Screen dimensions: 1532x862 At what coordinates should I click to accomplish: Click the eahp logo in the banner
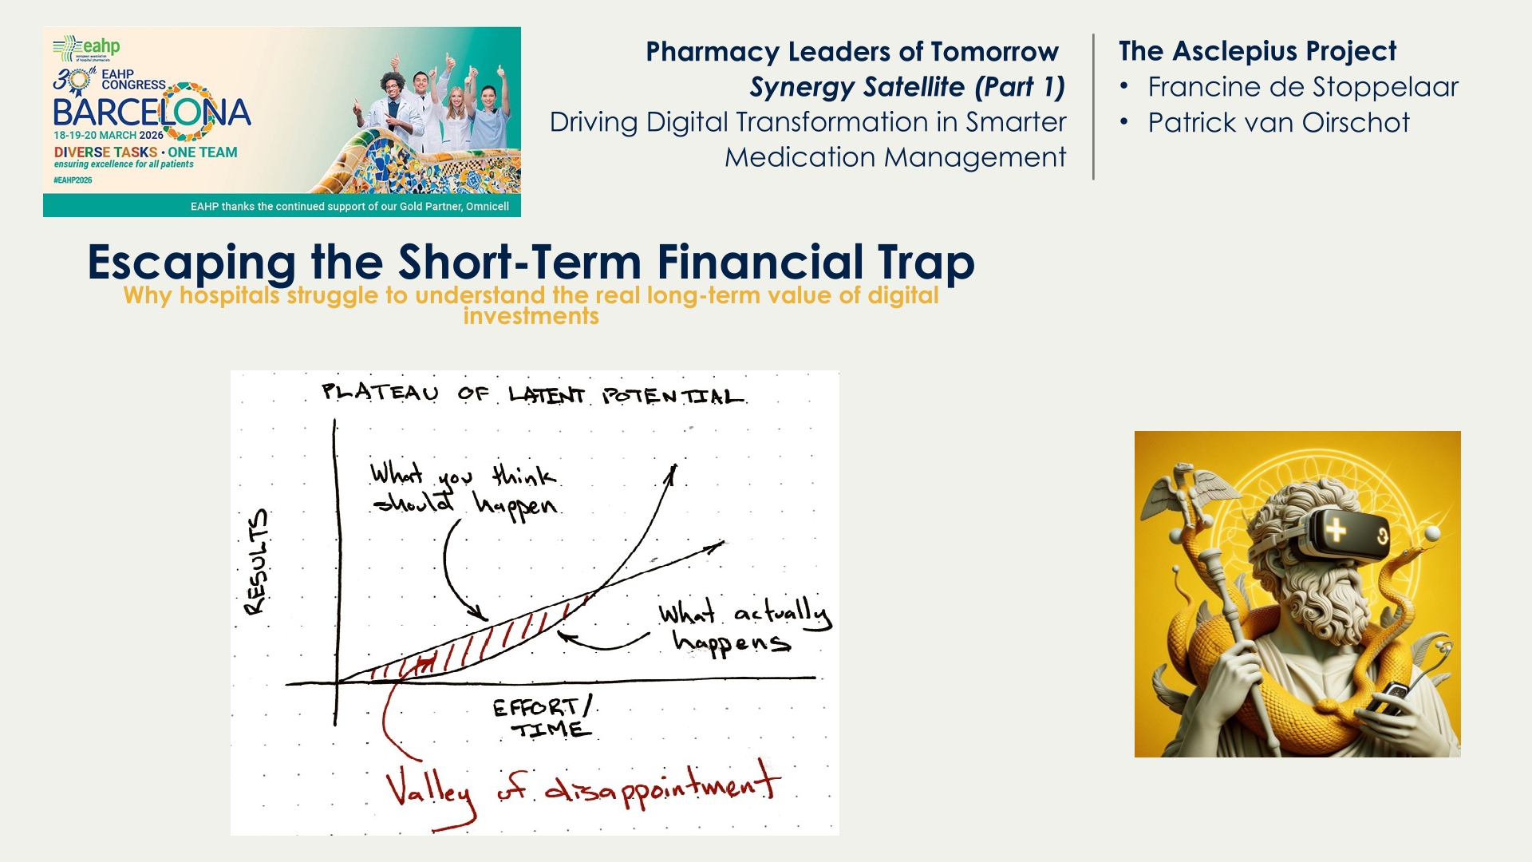87,48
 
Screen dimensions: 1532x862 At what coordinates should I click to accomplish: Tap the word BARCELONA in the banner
152,113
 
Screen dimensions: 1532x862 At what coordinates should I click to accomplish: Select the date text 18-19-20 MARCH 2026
109,136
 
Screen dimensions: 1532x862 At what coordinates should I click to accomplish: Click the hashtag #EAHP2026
73,180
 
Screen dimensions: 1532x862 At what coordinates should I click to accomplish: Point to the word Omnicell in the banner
488,207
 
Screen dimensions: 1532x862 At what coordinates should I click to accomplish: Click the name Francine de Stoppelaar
1303,87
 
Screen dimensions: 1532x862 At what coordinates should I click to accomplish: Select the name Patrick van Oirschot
1278,123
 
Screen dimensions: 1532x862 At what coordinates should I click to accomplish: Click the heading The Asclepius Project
1258,51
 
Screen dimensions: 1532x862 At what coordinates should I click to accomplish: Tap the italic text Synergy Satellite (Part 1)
907,87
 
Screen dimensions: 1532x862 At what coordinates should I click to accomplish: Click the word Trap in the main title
926,263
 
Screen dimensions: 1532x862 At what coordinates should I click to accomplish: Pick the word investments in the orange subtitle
531,317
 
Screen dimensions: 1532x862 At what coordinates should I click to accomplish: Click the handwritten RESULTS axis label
257,562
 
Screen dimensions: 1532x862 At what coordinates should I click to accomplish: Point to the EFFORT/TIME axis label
543,718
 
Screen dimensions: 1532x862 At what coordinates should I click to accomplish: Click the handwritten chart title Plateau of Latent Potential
533,394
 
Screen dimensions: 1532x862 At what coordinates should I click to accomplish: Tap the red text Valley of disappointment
583,788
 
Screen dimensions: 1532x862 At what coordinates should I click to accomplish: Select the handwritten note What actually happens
745,627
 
